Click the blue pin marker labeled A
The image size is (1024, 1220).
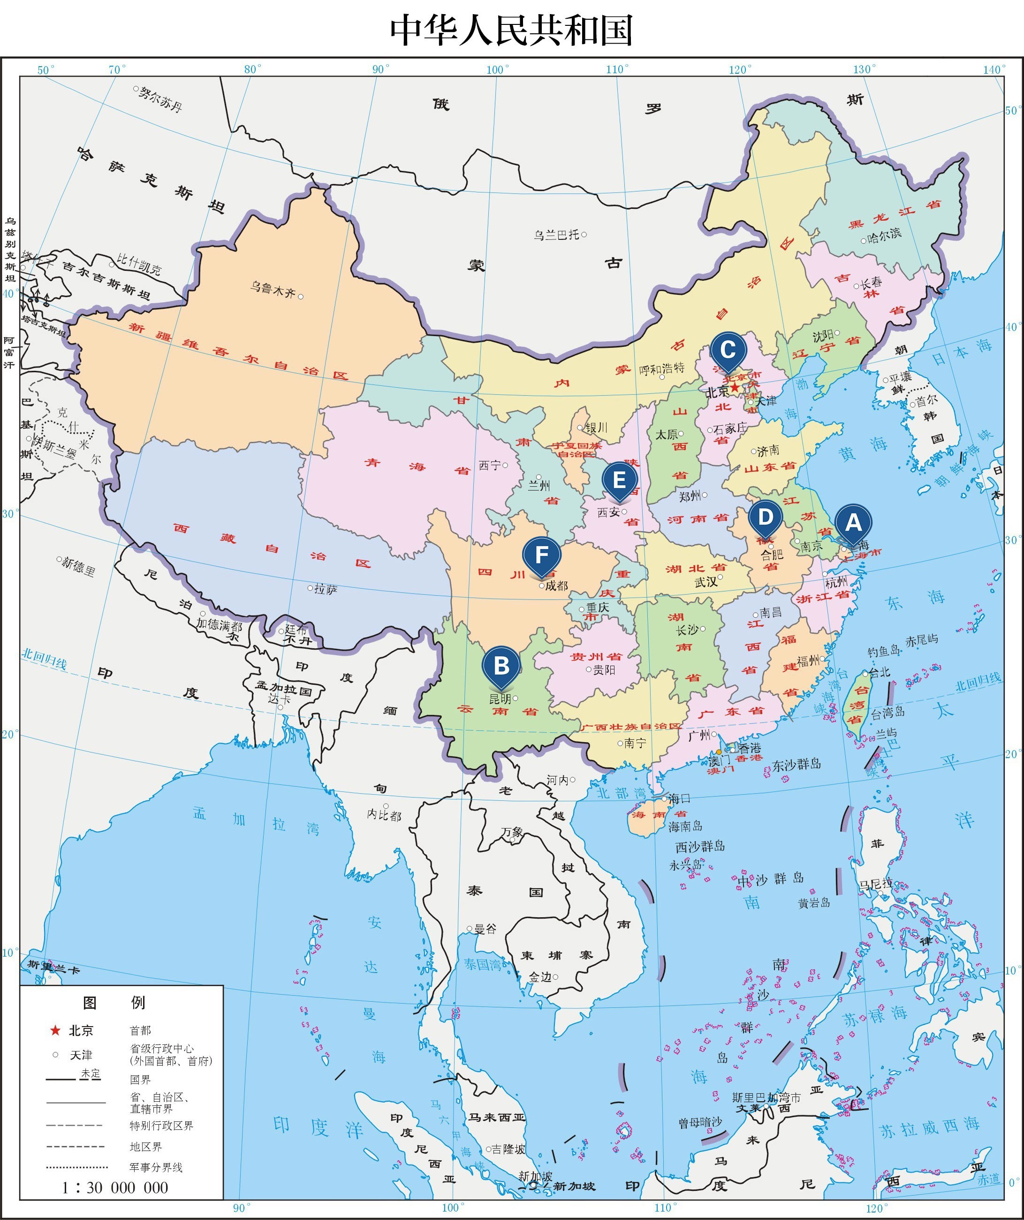[x=853, y=523]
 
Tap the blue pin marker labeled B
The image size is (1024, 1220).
[x=501, y=666]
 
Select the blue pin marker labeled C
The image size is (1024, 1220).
[x=728, y=350]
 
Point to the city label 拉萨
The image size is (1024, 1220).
[x=326, y=590]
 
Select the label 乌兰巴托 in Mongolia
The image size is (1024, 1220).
[x=556, y=235]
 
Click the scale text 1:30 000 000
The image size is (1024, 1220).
[x=115, y=1188]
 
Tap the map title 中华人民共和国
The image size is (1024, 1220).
[x=511, y=30]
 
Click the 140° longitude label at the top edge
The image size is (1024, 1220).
[x=994, y=70]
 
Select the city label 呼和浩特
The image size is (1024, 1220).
[x=661, y=369]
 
